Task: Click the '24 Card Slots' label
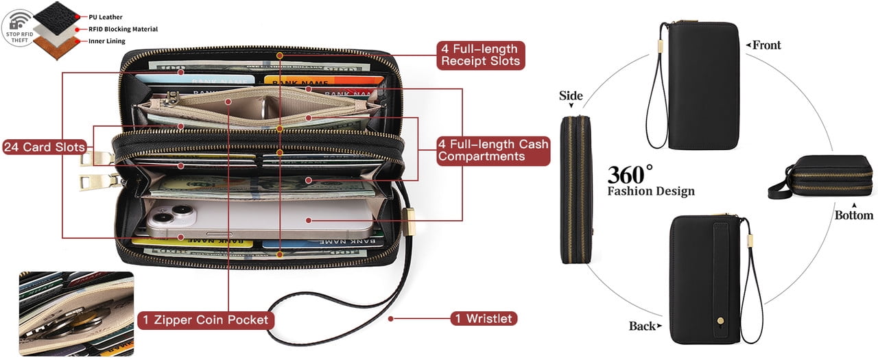click(45, 147)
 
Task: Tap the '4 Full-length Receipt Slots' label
click(481, 54)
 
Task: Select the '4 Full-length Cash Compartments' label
click(493, 150)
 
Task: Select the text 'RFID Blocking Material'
click(123, 29)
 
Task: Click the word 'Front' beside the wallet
click(766, 45)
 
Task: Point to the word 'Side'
click(571, 96)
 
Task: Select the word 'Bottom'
click(853, 215)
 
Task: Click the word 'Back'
click(642, 326)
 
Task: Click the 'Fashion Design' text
click(650, 191)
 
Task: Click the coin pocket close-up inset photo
click(77, 313)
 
